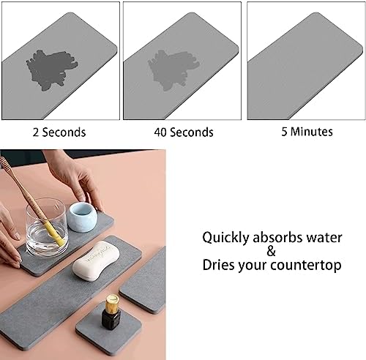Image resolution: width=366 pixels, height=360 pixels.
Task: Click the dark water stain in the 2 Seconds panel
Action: coord(51,70)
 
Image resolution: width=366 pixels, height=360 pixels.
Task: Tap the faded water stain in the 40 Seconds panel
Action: coord(173,70)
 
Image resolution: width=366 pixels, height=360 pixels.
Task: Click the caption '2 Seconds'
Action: coord(59,132)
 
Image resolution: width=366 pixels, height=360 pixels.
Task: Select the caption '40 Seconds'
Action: coord(184,132)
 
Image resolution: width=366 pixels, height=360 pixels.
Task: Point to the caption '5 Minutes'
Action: coord(307,132)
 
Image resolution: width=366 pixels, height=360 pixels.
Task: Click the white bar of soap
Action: coord(96,260)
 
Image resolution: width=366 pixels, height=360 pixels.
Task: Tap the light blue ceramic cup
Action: coord(82,217)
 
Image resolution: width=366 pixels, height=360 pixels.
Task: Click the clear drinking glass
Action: coord(46,227)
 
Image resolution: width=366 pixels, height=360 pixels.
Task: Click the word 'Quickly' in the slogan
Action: coord(225,238)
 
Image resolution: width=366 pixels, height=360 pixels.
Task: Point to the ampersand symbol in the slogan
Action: coord(272,251)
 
